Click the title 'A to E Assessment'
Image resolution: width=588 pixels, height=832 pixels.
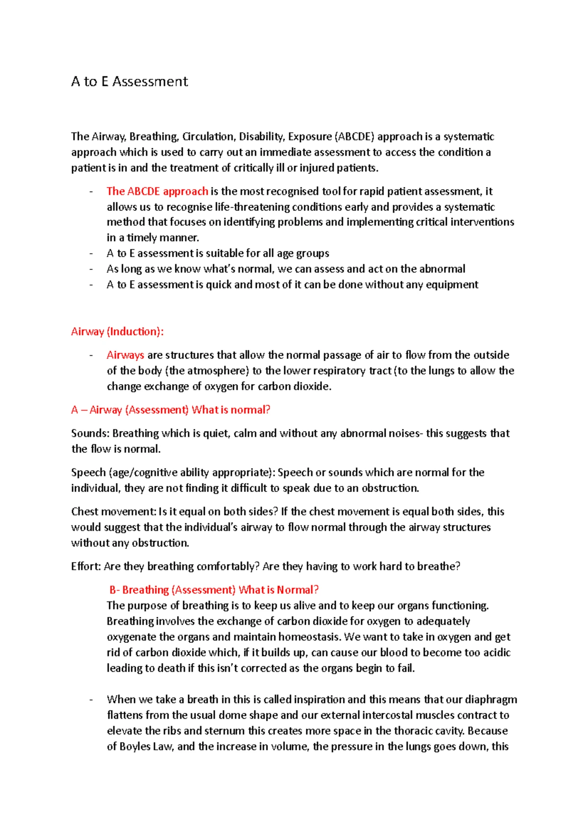point(129,81)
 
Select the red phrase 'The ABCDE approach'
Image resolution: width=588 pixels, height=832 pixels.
point(157,191)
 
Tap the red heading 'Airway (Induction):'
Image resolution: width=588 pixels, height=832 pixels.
point(117,332)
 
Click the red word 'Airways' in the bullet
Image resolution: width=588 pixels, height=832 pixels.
point(125,355)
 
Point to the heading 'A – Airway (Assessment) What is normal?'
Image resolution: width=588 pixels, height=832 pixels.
point(171,410)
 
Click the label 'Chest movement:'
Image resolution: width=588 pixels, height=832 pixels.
point(113,512)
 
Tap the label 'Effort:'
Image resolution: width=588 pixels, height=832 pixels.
point(86,566)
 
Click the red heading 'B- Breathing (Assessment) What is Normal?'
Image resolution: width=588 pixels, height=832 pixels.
point(214,590)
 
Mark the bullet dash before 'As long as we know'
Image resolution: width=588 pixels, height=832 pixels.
point(92,269)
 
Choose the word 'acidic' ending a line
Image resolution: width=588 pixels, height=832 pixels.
point(497,653)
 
